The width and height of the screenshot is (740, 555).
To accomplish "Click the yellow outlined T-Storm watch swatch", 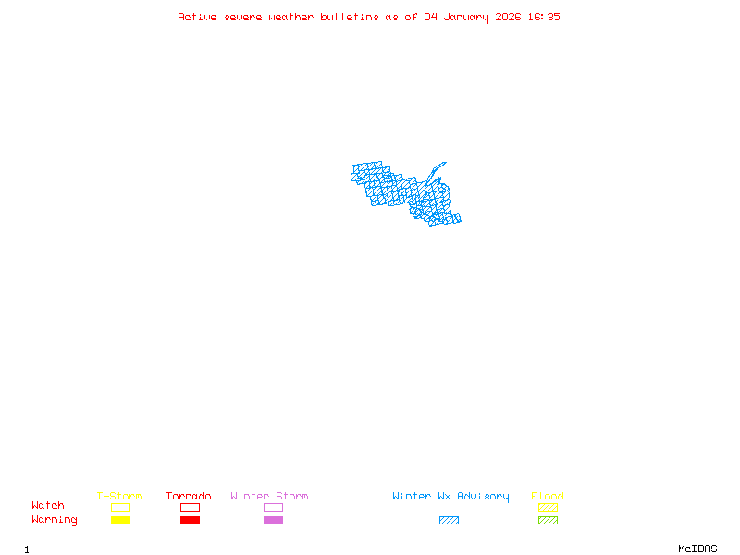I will (x=120, y=507).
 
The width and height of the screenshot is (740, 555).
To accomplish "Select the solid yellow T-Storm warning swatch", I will (x=120, y=520).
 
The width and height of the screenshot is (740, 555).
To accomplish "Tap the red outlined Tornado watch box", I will (x=190, y=507).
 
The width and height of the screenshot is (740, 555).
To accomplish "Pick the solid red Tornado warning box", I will (x=190, y=520).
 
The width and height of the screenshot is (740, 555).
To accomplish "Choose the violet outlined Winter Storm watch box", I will (x=273, y=507).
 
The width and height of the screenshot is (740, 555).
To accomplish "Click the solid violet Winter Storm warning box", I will (x=273, y=520).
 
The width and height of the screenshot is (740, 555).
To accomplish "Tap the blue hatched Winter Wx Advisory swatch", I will (x=449, y=520).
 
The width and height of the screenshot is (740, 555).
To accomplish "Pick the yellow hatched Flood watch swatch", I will (x=548, y=507).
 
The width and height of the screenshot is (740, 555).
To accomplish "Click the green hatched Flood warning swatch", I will (x=548, y=520).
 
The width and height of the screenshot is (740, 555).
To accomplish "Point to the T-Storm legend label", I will (x=119, y=496).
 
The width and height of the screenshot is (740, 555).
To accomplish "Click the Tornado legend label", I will (x=189, y=496).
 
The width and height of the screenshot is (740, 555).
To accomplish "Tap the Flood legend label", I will (x=548, y=496).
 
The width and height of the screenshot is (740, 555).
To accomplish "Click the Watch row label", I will (x=48, y=506).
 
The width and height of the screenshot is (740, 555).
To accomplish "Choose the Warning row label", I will (x=55, y=520).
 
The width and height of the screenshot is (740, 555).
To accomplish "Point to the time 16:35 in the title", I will (x=543, y=17).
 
